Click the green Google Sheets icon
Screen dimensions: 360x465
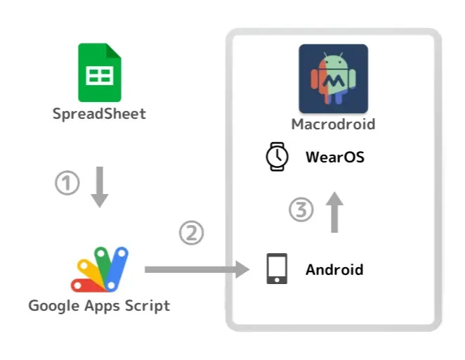[x=100, y=72]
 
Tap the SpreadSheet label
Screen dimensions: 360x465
[x=99, y=113]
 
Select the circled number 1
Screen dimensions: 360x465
[x=67, y=184]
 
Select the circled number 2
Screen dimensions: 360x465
[x=191, y=233]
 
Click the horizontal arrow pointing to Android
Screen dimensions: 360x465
[x=197, y=269]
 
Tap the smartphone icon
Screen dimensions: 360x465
[x=277, y=269]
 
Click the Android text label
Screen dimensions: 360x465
[x=334, y=269]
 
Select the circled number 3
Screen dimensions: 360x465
[x=301, y=210]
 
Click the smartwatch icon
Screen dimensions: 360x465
[x=277, y=156]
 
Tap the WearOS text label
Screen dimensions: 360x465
[x=334, y=157]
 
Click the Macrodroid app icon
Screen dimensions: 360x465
[x=333, y=79]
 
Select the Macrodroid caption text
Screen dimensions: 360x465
[x=333, y=125]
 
